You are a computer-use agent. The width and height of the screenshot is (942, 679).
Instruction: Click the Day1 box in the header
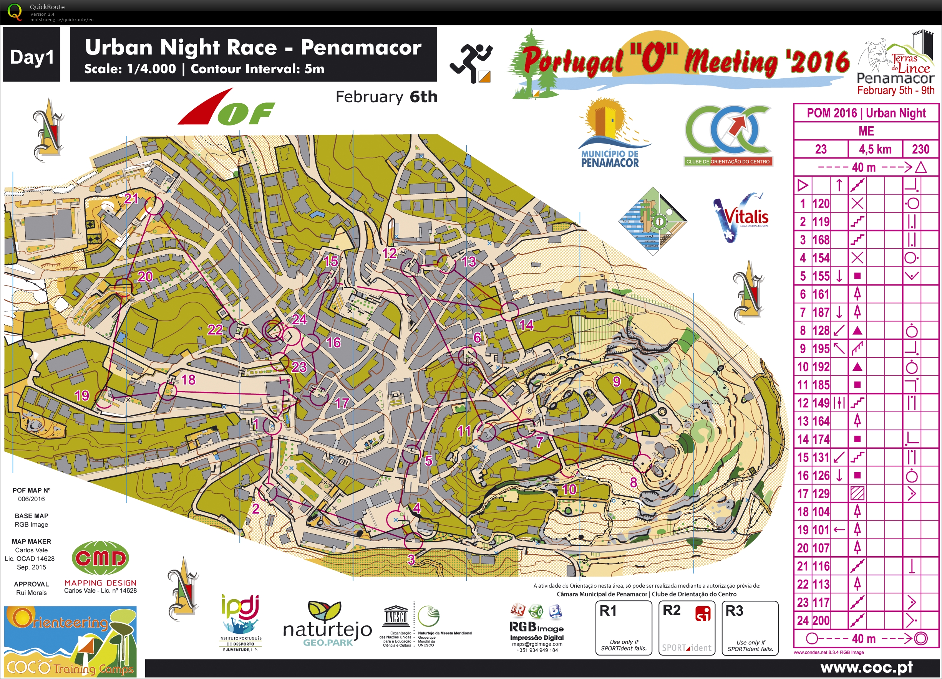[x=32, y=55]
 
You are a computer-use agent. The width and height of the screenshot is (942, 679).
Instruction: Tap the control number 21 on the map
[x=131, y=199]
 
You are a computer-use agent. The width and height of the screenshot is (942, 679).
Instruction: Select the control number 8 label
[x=634, y=482]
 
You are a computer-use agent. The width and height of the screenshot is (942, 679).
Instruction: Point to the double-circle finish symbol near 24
[x=273, y=330]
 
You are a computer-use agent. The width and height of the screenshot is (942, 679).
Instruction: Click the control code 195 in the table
[x=821, y=349]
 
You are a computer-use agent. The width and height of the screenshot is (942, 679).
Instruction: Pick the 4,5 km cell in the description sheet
[x=875, y=149]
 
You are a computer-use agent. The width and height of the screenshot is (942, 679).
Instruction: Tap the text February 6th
[x=386, y=97]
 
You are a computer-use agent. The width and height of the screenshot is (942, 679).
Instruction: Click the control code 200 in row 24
[x=821, y=621]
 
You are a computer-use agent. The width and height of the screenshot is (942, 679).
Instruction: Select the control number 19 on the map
[x=82, y=395]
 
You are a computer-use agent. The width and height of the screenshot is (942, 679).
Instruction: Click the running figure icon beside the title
[x=471, y=62]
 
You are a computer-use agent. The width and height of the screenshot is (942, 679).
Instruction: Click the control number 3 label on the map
[x=411, y=560]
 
